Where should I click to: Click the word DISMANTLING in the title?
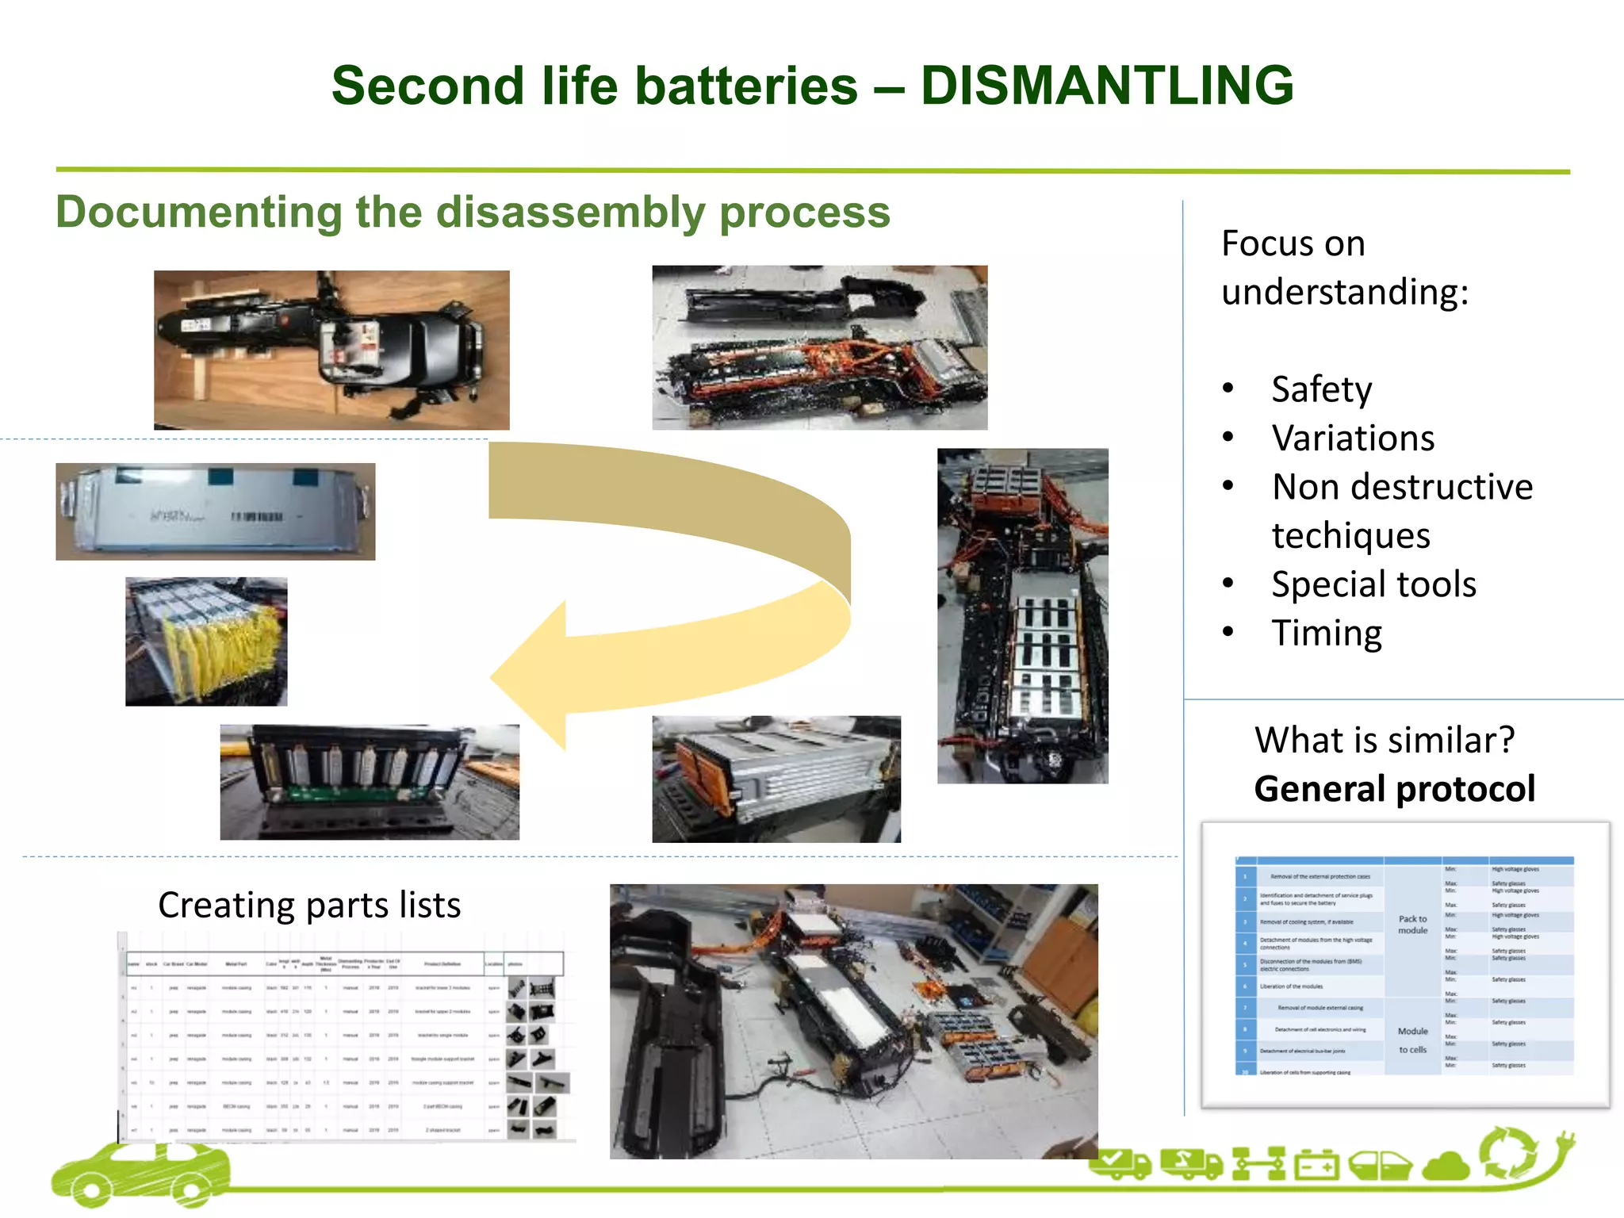pyautogui.click(x=1107, y=86)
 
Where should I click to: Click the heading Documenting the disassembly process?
pyautogui.click(x=473, y=213)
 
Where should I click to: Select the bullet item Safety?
pyautogui.click(x=1321, y=389)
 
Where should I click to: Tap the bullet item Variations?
pyautogui.click(x=1353, y=439)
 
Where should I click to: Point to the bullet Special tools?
pyautogui.click(x=1373, y=584)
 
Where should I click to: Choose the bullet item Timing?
pyautogui.click(x=1327, y=634)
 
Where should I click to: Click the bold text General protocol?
pyautogui.click(x=1394, y=789)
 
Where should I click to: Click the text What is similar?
pyautogui.click(x=1385, y=740)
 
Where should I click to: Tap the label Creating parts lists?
pyautogui.click(x=309, y=905)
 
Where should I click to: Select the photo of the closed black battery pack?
pyautogui.click(x=331, y=350)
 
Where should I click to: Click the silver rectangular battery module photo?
pyautogui.click(x=215, y=511)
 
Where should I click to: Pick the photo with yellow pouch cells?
pyautogui.click(x=206, y=642)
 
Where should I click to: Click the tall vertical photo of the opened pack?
pyautogui.click(x=1022, y=615)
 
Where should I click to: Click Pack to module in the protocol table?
pyautogui.click(x=1412, y=925)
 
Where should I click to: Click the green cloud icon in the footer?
pyautogui.click(x=1447, y=1166)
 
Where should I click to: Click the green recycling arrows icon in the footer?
pyautogui.click(x=1510, y=1154)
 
